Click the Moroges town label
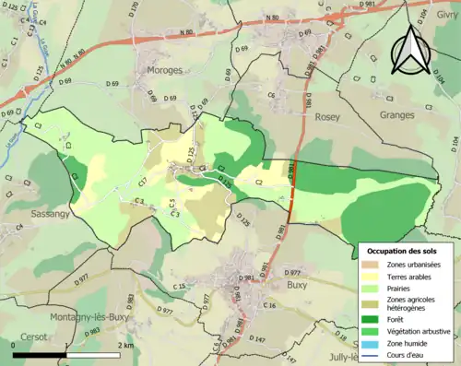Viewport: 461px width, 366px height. (x=163, y=70)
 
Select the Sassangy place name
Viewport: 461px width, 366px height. (x=24, y=211)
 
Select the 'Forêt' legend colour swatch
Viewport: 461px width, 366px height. (x=375, y=320)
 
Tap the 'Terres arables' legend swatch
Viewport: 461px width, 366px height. (x=375, y=277)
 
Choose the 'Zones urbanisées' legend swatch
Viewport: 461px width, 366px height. (x=375, y=265)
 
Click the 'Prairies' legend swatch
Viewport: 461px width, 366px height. (x=375, y=289)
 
